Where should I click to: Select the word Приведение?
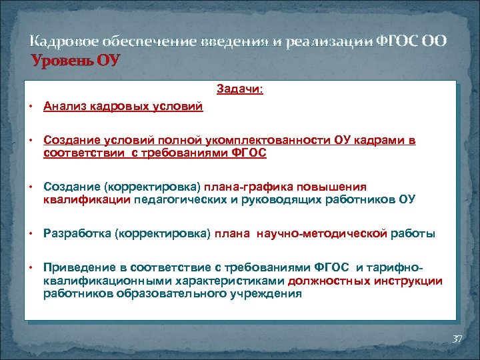(x=77, y=268)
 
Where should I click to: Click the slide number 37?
(x=457, y=339)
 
